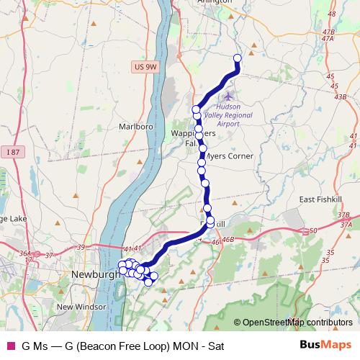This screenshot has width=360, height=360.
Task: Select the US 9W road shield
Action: coord(145,67)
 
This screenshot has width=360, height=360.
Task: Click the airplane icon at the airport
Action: coord(229,95)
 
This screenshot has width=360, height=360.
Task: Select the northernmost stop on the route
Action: coord(237,58)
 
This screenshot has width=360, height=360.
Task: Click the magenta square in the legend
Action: coord(9,346)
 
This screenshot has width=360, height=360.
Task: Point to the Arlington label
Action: coord(215,2)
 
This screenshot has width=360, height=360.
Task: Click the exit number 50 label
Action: coord(313,230)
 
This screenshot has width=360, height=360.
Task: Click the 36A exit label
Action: coord(26,253)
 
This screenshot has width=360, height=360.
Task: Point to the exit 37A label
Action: coord(346,224)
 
